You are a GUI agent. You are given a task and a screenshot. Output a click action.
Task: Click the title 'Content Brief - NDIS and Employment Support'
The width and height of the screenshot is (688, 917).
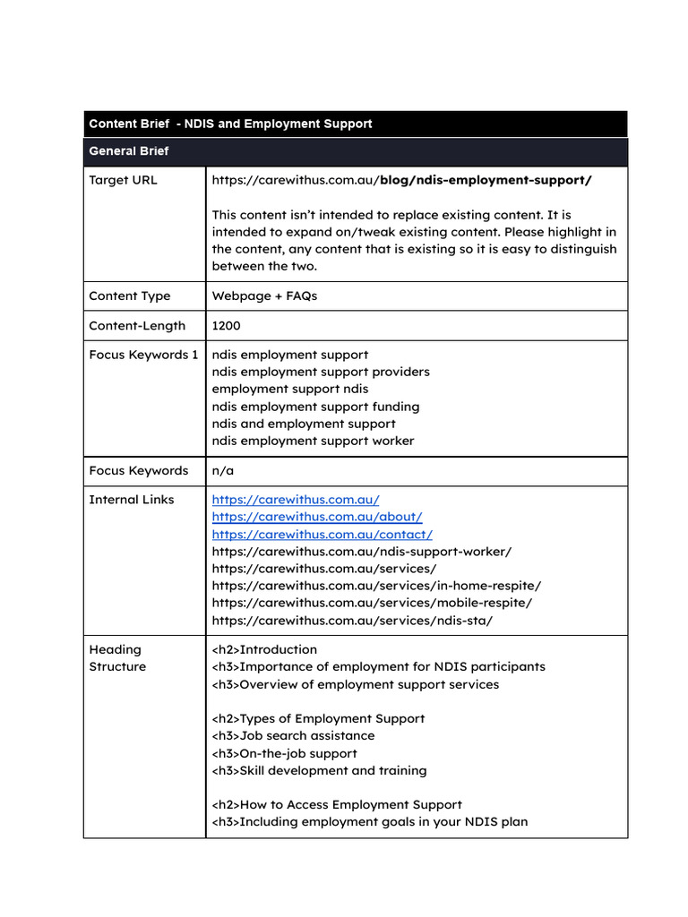pos(230,124)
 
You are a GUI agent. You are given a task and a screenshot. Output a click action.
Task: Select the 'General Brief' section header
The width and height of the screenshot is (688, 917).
pos(129,151)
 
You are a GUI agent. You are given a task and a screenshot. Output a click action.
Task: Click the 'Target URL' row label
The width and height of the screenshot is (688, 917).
pos(123,180)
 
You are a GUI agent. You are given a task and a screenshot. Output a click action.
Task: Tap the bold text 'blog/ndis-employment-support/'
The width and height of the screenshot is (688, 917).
pos(486,180)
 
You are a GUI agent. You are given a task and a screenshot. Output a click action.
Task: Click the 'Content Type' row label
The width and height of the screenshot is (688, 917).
pos(129,296)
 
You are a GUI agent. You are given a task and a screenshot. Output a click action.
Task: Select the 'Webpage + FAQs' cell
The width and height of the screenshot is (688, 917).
pos(264,296)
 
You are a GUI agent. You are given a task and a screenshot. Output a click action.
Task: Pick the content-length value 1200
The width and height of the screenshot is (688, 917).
pos(226,326)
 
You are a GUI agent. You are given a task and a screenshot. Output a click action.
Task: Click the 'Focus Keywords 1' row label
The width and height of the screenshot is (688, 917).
pos(143,355)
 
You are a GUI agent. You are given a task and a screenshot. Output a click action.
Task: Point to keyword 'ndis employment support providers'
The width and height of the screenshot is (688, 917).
pos(321,372)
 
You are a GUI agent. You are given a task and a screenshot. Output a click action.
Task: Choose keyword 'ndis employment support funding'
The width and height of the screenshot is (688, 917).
pos(315,407)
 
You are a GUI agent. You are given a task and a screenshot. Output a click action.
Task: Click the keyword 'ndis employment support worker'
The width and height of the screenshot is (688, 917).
pos(313,441)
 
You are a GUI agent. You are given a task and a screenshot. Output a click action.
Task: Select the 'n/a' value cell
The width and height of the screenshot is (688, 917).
pos(223,470)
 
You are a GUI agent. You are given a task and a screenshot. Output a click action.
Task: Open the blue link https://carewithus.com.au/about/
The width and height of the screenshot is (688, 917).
pos(317,517)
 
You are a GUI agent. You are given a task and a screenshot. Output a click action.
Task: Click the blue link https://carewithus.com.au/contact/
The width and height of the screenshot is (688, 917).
pos(322,534)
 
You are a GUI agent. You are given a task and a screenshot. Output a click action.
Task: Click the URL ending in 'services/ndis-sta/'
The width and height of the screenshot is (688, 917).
pos(352,620)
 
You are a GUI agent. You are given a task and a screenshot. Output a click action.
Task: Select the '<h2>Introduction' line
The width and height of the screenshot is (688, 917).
pos(264,649)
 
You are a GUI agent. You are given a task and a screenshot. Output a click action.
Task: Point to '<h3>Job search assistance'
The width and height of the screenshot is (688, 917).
pos(293,735)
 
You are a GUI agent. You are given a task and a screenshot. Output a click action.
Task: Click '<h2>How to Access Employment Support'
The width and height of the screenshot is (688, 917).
pos(337,804)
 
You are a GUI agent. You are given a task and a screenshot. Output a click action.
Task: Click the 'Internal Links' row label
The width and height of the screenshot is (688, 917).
pos(131,500)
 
